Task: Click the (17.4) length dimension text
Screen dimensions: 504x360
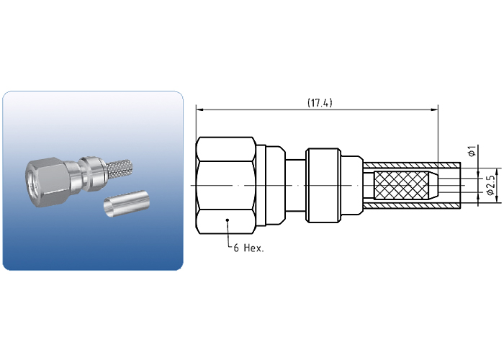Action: pyautogui.click(x=320, y=103)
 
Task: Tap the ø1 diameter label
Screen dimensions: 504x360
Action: pyautogui.click(x=472, y=151)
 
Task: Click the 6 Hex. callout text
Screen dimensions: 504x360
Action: pyautogui.click(x=248, y=248)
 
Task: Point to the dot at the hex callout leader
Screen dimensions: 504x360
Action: pyautogui.click(x=228, y=220)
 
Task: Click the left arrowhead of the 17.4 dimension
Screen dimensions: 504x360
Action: pyautogui.click(x=200, y=110)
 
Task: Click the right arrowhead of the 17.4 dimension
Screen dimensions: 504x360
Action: pyautogui.click(x=434, y=110)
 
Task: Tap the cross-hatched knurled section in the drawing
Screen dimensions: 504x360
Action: pyautogui.click(x=401, y=186)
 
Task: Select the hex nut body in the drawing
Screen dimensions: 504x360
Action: pyautogui.click(x=226, y=186)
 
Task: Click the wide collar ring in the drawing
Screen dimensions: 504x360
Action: pyautogui.click(x=323, y=186)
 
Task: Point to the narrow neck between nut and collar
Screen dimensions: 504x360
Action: pyautogui.click(x=295, y=186)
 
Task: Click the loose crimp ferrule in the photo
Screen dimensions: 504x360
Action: pyautogui.click(x=127, y=203)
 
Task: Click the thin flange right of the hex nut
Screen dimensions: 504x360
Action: pyautogui.click(x=261, y=186)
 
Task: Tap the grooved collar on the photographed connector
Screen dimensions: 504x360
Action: pyautogui.click(x=91, y=174)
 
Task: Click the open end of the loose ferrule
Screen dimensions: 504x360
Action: pyautogui.click(x=109, y=208)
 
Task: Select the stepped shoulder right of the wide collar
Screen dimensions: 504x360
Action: pyautogui.click(x=351, y=186)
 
